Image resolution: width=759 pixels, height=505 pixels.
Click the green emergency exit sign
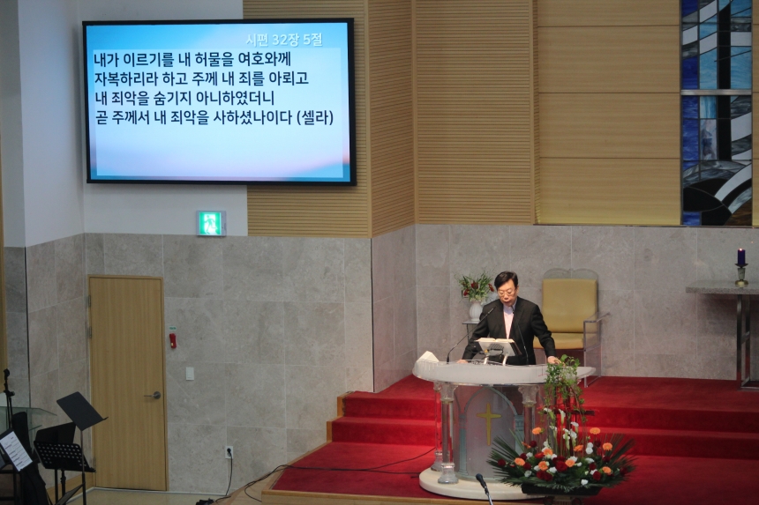pos(211,223)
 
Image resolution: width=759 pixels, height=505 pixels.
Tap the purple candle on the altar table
pos(740,256)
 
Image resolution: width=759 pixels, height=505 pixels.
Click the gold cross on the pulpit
pos(488,420)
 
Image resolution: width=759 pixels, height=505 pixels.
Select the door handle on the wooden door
pos(154,395)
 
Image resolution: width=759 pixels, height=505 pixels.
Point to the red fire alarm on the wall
pos(173,341)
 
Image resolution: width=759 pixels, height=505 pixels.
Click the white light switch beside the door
pos(190,374)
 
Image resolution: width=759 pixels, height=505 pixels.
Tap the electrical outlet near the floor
pos(229,452)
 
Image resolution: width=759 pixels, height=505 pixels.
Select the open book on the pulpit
pos(496,342)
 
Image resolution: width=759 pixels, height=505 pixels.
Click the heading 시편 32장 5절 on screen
pos(283,40)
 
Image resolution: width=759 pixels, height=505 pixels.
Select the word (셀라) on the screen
pos(316,117)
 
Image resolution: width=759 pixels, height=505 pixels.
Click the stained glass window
pos(717,113)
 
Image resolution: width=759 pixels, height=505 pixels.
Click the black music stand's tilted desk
pos(80,411)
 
